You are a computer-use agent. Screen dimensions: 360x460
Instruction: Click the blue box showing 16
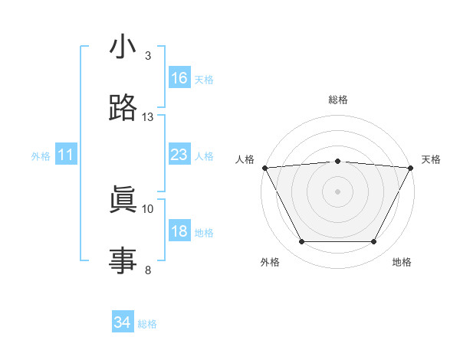179,78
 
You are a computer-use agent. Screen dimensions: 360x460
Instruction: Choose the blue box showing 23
179,155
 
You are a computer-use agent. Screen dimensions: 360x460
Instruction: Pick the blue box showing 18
179,231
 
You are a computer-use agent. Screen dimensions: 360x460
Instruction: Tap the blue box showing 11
66,155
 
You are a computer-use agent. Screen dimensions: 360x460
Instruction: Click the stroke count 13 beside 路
148,117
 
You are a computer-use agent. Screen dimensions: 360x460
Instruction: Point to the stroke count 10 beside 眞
148,208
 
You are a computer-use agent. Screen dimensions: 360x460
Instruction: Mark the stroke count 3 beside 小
148,56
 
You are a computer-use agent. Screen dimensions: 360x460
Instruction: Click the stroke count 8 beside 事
148,270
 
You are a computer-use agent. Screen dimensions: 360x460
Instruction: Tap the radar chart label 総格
337,100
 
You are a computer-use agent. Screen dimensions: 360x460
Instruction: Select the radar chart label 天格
432,159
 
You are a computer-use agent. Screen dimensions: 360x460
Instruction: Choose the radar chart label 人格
245,159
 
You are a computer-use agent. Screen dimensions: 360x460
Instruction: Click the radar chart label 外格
270,263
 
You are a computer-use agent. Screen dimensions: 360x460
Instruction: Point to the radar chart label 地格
402,263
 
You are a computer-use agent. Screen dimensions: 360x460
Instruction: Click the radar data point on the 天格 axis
411,167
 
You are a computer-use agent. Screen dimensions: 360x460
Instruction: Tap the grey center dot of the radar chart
337,191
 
